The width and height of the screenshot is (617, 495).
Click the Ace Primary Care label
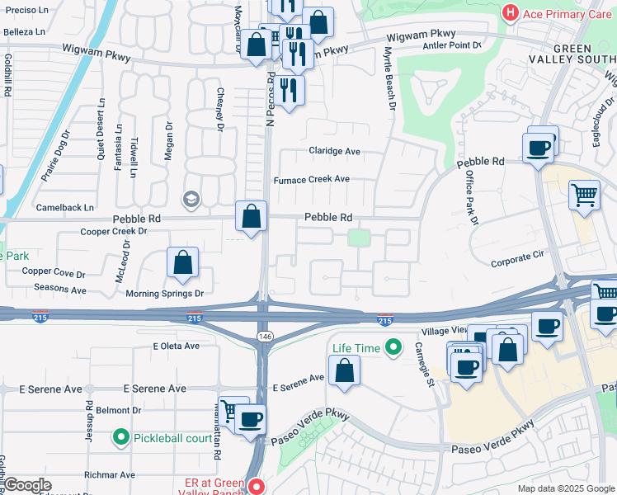tap(567, 13)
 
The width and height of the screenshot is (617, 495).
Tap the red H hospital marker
tap(511, 13)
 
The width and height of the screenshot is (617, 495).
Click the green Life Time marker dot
tap(393, 348)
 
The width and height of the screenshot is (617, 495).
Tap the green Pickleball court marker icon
tap(122, 437)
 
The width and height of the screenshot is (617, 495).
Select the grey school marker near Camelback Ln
tap(191, 199)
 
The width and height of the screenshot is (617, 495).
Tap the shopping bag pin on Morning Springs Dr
tap(183, 262)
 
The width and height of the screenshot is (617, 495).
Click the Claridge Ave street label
tap(334, 151)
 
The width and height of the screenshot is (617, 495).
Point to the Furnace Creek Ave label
tap(312, 179)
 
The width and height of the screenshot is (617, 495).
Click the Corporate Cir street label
tap(517, 262)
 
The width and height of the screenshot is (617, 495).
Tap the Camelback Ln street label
tap(64, 207)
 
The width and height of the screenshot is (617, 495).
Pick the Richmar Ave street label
tap(110, 475)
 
